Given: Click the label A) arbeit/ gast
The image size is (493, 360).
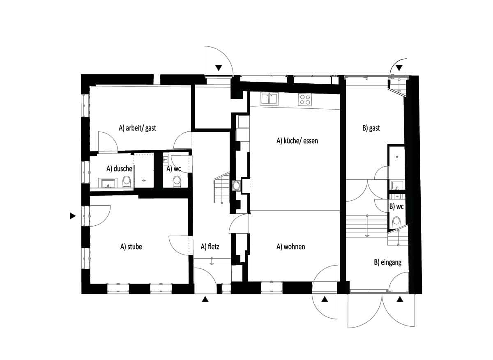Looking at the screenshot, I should click(x=137, y=128).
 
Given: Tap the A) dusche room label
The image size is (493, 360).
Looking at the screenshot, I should click(x=119, y=168).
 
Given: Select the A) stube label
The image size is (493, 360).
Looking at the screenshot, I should click(x=131, y=247).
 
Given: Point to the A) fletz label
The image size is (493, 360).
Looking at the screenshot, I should click(x=210, y=247).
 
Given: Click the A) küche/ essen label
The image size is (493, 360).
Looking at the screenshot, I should click(x=297, y=141).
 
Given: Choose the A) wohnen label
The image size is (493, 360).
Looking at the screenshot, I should click(x=290, y=247).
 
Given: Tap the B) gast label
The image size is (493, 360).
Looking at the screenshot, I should click(x=371, y=128).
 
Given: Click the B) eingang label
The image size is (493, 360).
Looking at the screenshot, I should click(x=387, y=262).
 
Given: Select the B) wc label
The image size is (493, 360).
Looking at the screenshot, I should click(x=396, y=206).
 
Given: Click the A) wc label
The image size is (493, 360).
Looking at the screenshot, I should click(x=174, y=168).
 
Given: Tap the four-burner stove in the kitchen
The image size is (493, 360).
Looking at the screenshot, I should click(x=305, y=99).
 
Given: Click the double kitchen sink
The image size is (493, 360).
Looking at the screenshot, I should click(x=269, y=99).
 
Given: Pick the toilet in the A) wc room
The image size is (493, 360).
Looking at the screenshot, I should click(x=177, y=181).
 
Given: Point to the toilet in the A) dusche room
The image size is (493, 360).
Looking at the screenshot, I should click(x=127, y=181).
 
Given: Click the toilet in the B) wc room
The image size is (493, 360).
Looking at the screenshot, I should click(x=396, y=222).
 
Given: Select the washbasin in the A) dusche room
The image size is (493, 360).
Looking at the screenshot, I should click(x=108, y=183).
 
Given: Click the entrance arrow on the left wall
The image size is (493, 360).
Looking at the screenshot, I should click(x=73, y=216).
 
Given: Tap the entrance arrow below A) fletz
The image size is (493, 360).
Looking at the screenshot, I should click(x=205, y=300).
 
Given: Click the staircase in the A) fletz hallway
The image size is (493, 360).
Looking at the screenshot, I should click(x=221, y=190).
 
